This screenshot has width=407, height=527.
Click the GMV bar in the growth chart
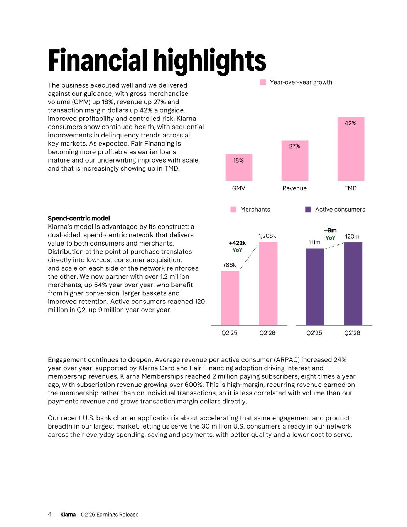[239, 168]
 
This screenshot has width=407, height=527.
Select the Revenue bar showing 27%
[295, 161]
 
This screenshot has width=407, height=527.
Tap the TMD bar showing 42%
[351, 149]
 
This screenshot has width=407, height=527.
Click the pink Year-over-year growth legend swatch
[263, 82]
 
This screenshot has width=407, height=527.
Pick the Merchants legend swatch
[233, 210]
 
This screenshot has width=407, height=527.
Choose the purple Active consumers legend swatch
[308, 210]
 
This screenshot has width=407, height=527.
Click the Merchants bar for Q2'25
[230, 298]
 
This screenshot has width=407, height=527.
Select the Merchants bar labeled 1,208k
[268, 284]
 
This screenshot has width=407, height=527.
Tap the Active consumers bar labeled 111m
[315, 287]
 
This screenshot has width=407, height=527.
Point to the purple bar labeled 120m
[353, 284]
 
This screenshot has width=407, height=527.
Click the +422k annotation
[237, 243]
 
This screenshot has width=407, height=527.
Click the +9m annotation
[331, 230]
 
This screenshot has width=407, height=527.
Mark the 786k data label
[229, 265]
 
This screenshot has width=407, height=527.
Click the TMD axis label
[350, 188]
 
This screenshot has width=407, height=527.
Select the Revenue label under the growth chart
[295, 188]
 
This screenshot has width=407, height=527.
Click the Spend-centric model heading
[79, 218]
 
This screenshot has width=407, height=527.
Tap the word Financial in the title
[98, 60]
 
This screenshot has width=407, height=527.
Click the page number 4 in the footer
[50, 514]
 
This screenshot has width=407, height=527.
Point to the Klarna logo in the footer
[68, 514]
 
